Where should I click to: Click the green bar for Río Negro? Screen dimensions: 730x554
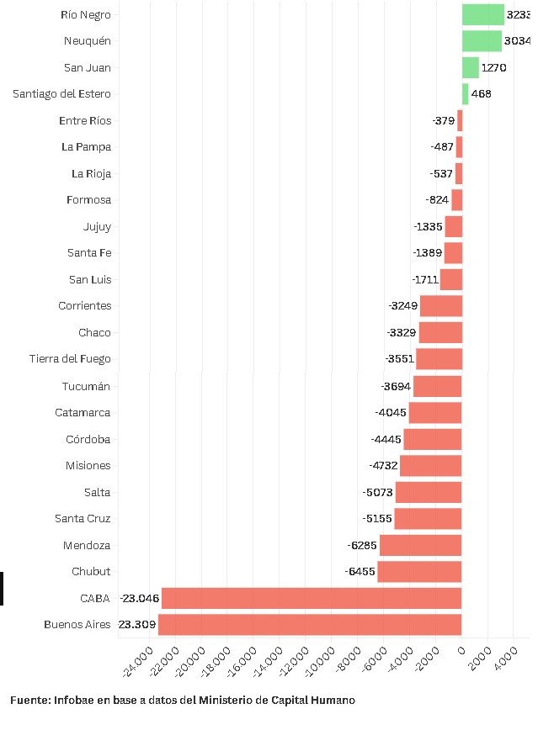point(482,14)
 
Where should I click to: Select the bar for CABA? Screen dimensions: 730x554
point(311,598)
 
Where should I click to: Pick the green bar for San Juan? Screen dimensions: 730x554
point(470,67)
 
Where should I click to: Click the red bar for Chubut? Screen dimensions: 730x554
point(418,572)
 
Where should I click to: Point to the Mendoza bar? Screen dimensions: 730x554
point(420,545)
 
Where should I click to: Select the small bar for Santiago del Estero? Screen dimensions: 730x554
point(465,93)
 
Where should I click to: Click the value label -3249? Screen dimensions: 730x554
point(402,305)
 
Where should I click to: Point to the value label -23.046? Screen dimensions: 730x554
point(139,598)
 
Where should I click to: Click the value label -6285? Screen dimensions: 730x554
point(361,545)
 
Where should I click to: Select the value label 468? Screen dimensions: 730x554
point(481,93)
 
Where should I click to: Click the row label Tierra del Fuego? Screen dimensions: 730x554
point(70,359)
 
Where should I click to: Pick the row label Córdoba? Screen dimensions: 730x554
point(88,439)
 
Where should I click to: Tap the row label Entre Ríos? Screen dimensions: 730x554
point(85,120)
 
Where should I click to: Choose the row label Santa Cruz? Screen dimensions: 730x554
point(83,519)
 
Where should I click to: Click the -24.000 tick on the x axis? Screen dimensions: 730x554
point(138,661)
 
